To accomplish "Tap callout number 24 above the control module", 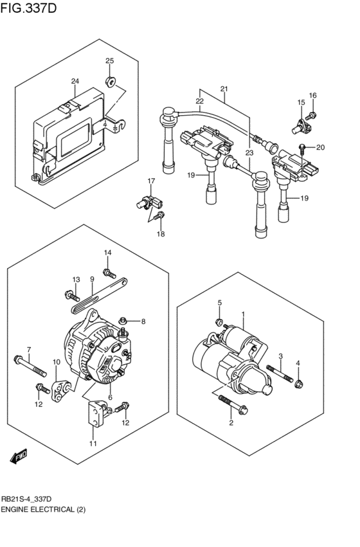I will tap(75, 82).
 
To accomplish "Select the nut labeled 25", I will tap(111, 81).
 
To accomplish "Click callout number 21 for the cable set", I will tap(224, 89).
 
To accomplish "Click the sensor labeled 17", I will tap(145, 202).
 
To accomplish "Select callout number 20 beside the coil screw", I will tap(321, 147).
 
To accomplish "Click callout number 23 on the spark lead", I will tap(249, 153).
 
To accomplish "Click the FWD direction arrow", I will tap(19, 456).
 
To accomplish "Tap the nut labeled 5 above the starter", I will tap(219, 321).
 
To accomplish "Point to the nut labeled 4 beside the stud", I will tap(298, 384).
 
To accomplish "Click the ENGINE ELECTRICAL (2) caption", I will tap(43, 509).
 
